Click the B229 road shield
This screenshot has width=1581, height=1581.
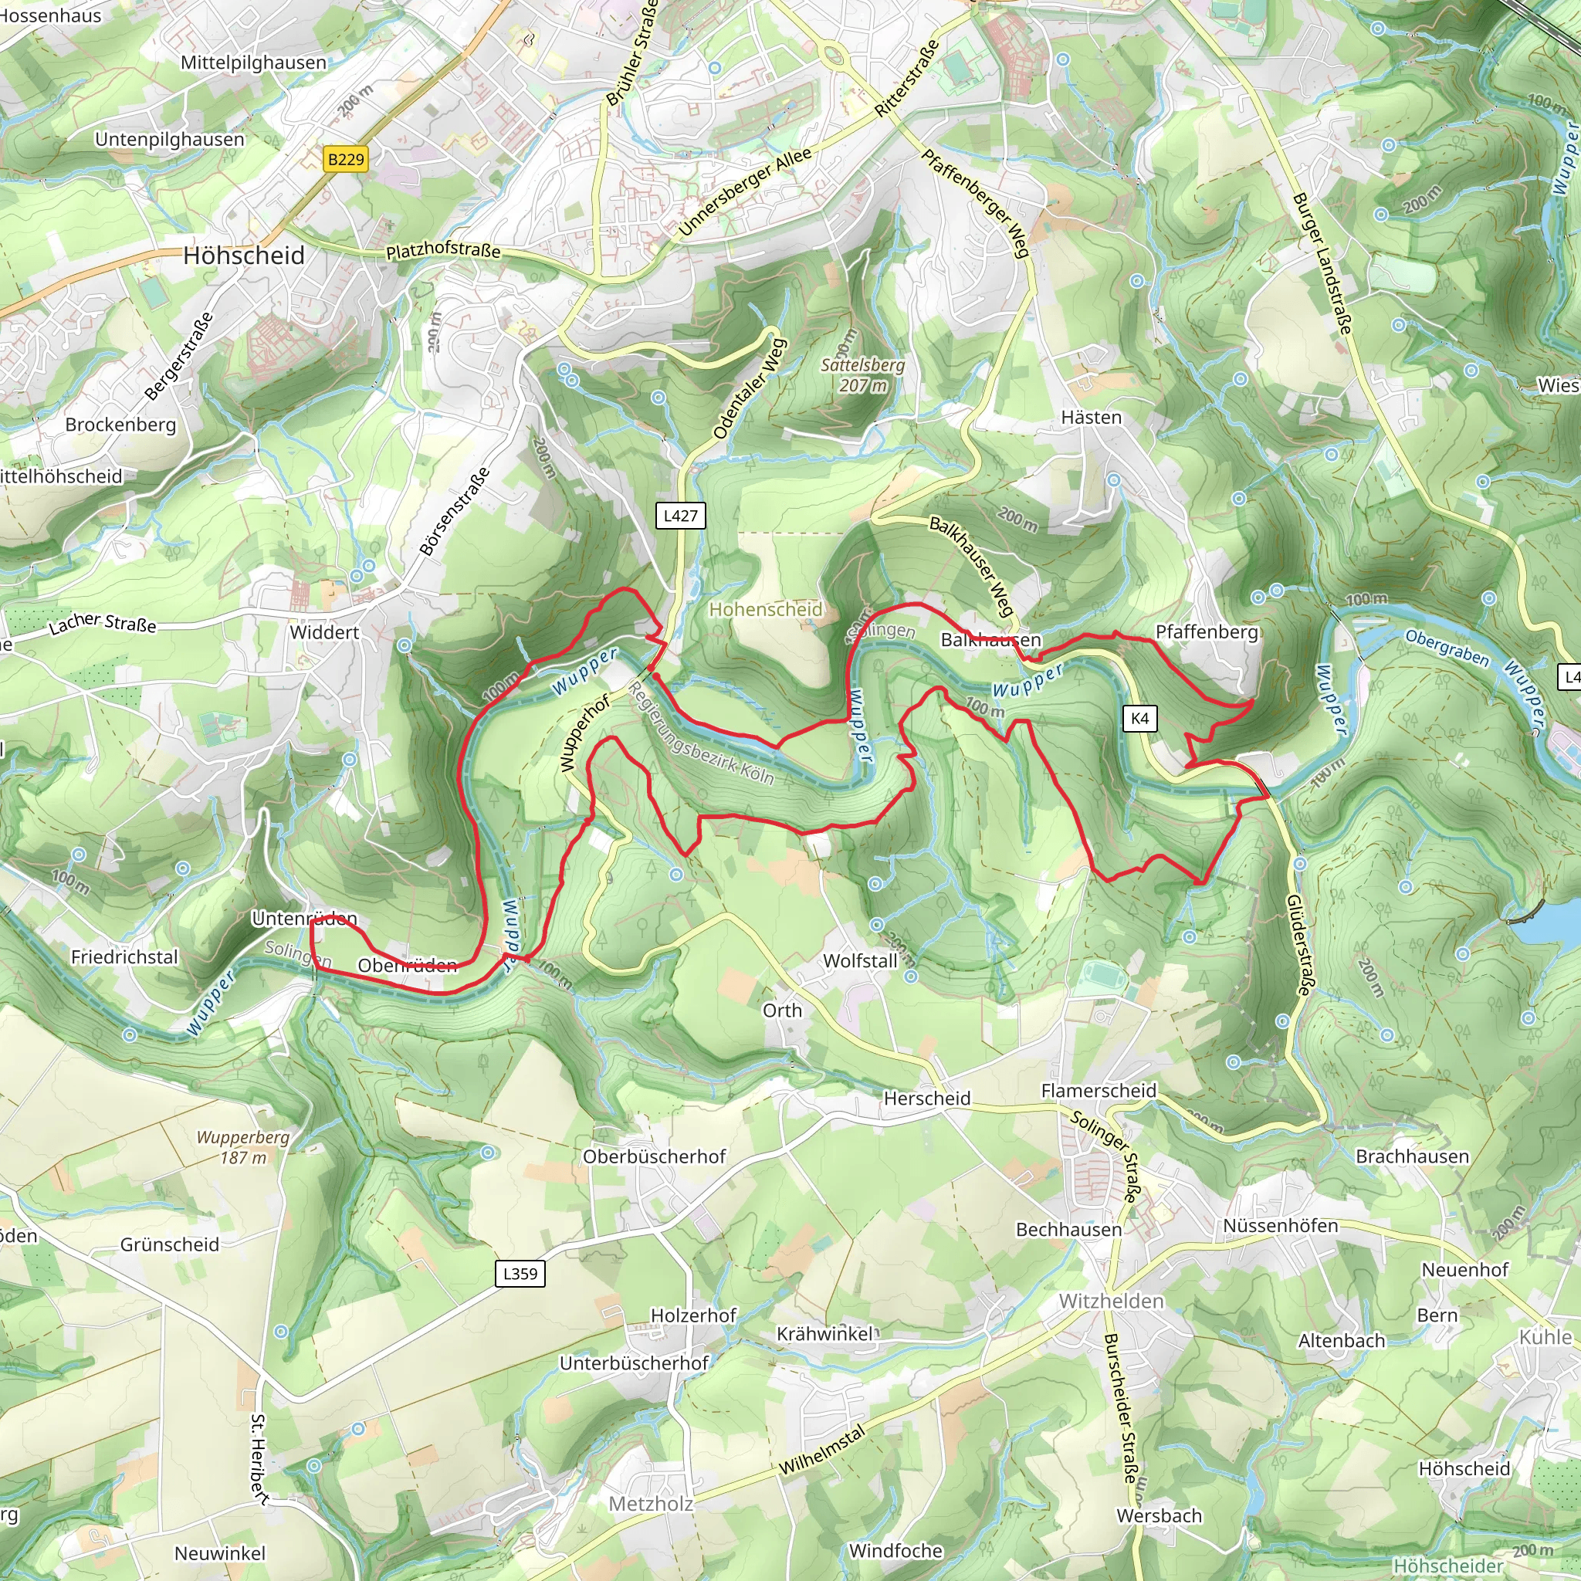point(345,159)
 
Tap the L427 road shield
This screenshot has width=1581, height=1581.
point(680,516)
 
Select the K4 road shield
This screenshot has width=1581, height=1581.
point(1140,719)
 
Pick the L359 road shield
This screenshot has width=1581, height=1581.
point(520,1273)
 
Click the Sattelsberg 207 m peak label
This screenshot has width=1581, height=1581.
point(862,374)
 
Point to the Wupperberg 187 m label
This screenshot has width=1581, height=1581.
point(243,1147)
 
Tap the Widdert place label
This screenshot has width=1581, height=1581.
point(324,632)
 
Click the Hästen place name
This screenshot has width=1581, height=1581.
point(1091,418)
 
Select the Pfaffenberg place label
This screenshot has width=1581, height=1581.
point(1207,631)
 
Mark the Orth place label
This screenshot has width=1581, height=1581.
point(782,1011)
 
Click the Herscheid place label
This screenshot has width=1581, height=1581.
point(926,1099)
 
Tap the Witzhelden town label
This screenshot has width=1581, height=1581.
point(1110,1301)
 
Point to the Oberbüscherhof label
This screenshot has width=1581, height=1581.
point(654,1156)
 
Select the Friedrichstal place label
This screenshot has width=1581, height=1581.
point(124,956)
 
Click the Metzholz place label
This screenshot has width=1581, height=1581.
point(651,1503)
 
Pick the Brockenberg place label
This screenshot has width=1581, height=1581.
point(120,425)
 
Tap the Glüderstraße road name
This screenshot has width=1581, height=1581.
point(1298,945)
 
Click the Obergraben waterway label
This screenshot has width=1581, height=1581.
point(1447,647)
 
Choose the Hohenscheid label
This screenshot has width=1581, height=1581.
point(765,609)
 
